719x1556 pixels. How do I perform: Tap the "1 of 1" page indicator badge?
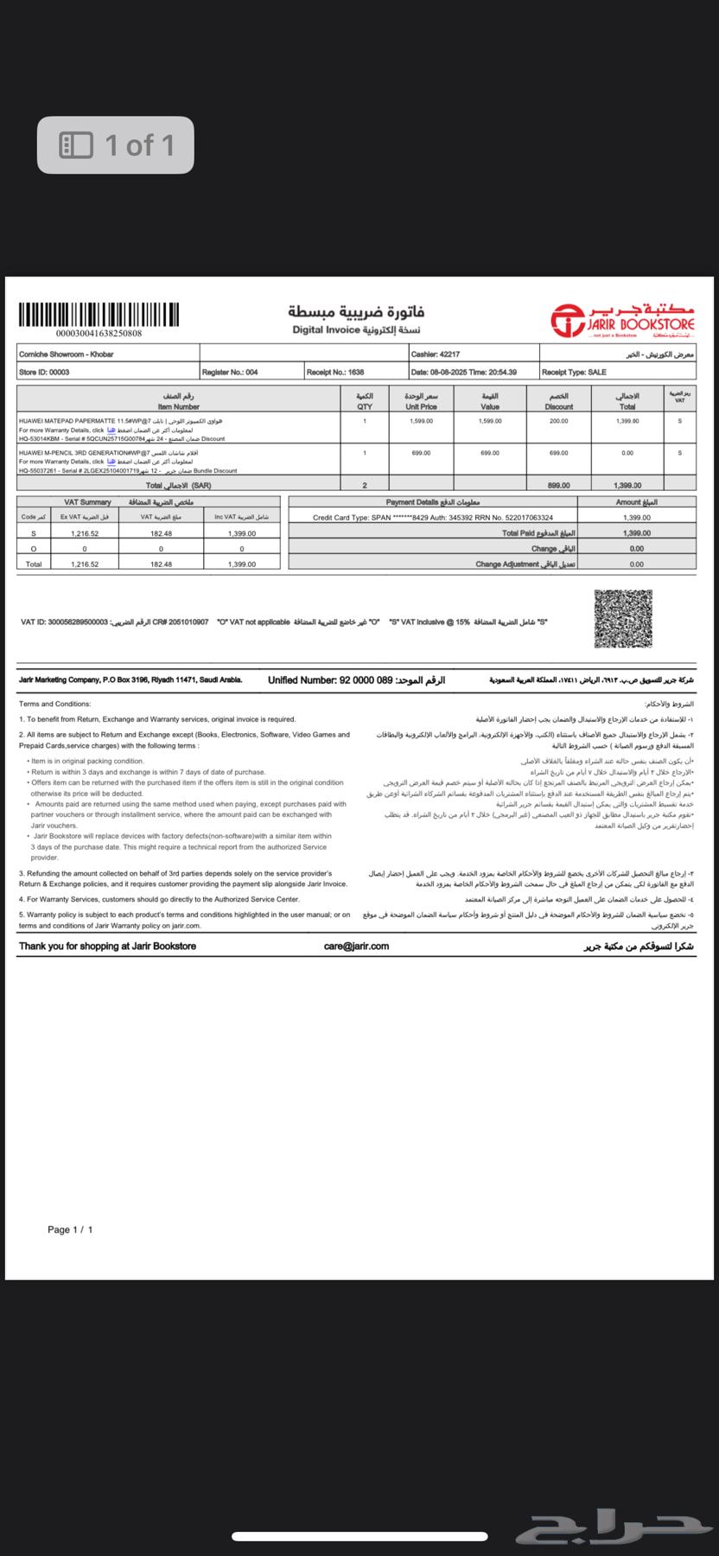click(x=116, y=145)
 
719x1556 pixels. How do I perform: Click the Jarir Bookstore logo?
click(x=623, y=320)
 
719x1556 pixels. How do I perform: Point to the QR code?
click(x=623, y=618)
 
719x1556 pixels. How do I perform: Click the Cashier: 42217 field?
click(x=436, y=354)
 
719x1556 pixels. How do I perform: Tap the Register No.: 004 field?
click(x=230, y=373)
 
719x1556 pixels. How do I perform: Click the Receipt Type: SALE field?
click(x=574, y=373)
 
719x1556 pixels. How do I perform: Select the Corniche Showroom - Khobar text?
click(x=67, y=354)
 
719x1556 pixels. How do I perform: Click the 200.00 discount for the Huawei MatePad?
click(x=558, y=421)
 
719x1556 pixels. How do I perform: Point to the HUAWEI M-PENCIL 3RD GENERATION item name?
click(x=80, y=452)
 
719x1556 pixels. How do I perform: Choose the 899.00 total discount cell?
click(x=558, y=486)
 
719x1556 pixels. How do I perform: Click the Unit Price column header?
click(x=422, y=406)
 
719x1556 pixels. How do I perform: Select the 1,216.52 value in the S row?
click(x=85, y=533)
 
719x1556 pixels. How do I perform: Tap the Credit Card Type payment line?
click(x=432, y=517)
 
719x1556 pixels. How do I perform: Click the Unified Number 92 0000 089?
click(x=330, y=680)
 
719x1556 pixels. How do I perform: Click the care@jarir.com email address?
click(x=356, y=947)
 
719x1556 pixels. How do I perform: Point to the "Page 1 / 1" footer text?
click(x=70, y=1229)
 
